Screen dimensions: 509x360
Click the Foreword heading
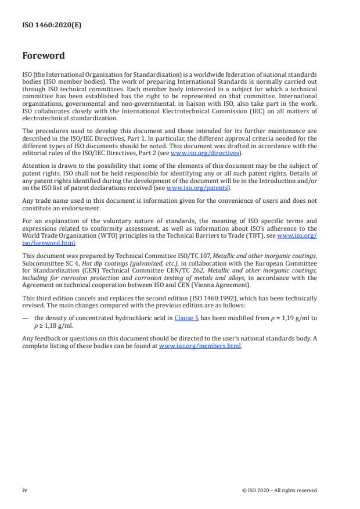[44, 56]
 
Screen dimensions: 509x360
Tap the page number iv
[24, 490]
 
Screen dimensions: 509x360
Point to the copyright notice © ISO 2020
[279, 490]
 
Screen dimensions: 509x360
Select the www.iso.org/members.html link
[200, 346]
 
